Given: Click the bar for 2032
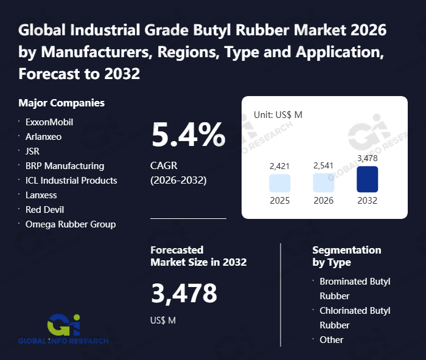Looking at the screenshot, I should [367, 179].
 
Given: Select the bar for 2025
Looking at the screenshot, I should [279, 183].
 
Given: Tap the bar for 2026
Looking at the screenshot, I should [323, 183].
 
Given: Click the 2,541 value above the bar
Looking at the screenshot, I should [323, 165].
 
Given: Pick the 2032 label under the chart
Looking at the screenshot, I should [367, 201].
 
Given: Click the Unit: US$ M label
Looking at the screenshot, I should [278, 114].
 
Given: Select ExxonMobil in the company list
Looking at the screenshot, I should [49, 122].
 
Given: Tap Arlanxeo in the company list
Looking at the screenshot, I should [43, 137].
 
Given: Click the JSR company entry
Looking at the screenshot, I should [32, 151].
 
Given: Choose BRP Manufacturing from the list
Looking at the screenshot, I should [65, 166].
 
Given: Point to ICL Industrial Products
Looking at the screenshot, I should [71, 181].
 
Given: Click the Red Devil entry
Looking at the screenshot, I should [44, 210].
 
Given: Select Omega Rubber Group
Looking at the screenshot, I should [71, 224].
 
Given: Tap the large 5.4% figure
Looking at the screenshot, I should [188, 135].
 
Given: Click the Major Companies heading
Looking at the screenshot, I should [61, 103].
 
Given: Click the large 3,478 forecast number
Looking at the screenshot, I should [184, 293].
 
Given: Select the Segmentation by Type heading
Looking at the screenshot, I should [346, 256].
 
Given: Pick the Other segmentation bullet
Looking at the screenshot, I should [332, 340].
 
